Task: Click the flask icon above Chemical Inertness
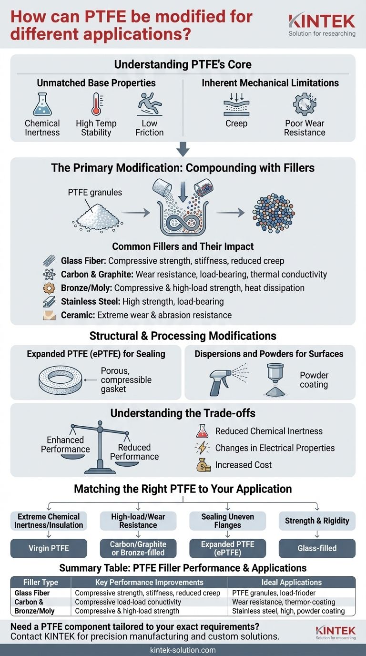coord(42,104)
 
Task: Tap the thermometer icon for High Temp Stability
coord(96,104)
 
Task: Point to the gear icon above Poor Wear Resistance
coord(304,104)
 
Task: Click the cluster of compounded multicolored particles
coord(273,213)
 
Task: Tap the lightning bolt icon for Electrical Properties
coord(203,448)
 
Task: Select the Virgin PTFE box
coord(49,548)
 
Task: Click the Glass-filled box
coord(317,548)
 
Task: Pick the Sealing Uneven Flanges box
coord(228,521)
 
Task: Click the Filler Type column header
coord(41,582)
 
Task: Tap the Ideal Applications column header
coord(291,582)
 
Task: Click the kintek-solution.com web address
coord(183,650)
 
